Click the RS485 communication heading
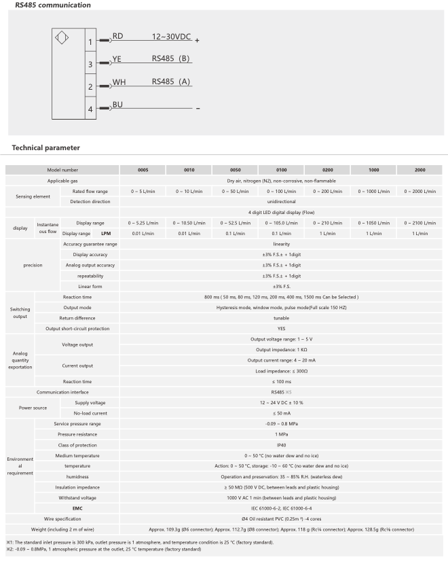[39, 5]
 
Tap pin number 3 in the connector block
[90, 65]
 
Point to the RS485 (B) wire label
[170, 58]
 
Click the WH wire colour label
[119, 82]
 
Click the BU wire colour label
[117, 105]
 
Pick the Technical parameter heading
[46, 147]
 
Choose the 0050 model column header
[235, 169]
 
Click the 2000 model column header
[419, 169]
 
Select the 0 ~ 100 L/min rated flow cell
[281, 192]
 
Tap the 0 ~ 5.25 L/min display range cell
[143, 223]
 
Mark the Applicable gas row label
[62, 181]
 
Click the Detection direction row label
[90, 202]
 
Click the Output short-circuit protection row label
[77, 328]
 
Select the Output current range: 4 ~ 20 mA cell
[281, 360]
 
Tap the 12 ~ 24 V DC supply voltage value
[281, 403]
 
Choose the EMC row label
[78, 508]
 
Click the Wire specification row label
[62, 518]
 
